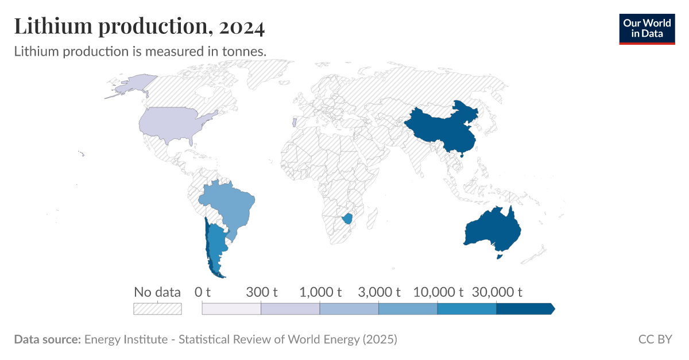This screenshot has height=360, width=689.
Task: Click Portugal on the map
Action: pyautogui.click(x=294, y=123)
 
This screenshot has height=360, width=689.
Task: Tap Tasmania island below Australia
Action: pyautogui.click(x=500, y=258)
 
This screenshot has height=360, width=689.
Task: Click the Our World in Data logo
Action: pyautogui.click(x=647, y=29)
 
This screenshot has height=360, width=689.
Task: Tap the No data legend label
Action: pyautogui.click(x=157, y=292)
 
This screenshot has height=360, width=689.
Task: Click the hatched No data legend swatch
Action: pyautogui.click(x=157, y=309)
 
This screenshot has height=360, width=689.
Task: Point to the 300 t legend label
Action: pyautogui.click(x=262, y=292)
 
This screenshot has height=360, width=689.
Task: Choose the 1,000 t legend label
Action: pyautogui.click(x=320, y=292)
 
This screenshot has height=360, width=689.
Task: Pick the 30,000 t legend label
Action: pyautogui.click(x=497, y=292)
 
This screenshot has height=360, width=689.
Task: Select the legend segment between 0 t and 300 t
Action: pyautogui.click(x=231, y=309)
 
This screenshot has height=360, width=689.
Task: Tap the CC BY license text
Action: pyautogui.click(x=655, y=339)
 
